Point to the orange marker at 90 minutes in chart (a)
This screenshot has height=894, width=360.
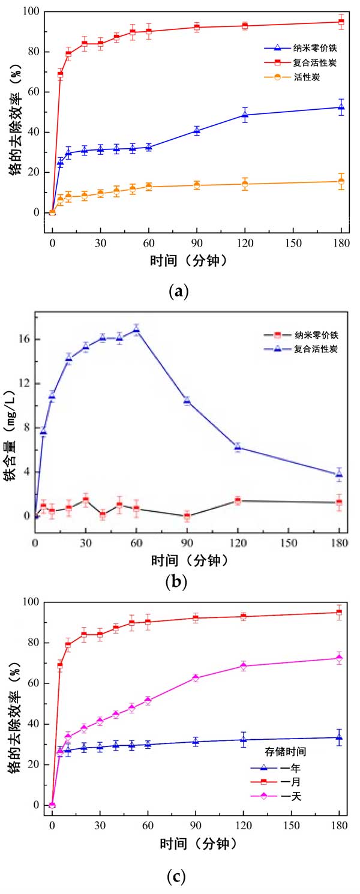click(x=196, y=185)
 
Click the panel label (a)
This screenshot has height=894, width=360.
click(x=179, y=293)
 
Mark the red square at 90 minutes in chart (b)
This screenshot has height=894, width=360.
click(x=187, y=515)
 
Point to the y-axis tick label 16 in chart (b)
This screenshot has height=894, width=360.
click(x=23, y=339)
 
